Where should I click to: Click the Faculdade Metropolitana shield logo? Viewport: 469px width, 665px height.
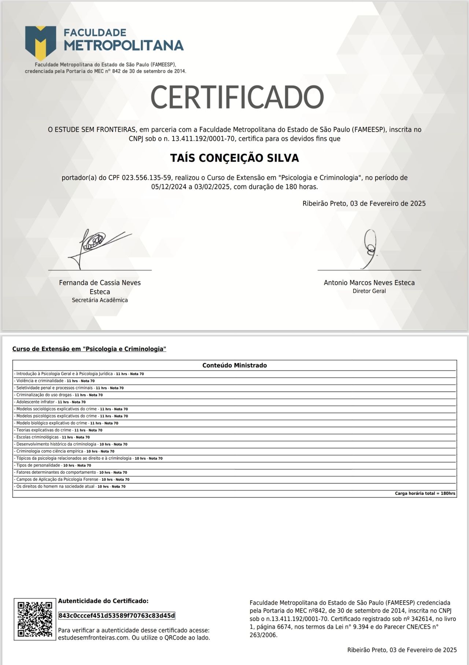[40, 42]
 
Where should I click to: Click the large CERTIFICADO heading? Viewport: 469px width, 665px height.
[237, 97]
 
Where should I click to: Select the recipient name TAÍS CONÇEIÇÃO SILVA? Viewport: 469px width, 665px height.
[234, 158]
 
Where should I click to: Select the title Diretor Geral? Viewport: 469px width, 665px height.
[369, 291]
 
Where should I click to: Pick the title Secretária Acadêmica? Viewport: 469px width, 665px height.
[100, 300]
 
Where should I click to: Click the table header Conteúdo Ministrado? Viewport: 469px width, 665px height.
[234, 365]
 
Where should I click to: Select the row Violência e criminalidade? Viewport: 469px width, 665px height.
[55, 381]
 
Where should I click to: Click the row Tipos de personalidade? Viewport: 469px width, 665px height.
[53, 465]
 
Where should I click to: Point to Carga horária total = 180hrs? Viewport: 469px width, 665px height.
[425, 494]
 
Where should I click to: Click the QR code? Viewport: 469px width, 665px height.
[35, 619]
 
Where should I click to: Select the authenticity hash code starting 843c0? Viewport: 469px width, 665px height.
[117, 615]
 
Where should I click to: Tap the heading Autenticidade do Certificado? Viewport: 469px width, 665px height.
[103, 601]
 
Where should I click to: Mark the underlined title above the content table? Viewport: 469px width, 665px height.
[89, 349]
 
